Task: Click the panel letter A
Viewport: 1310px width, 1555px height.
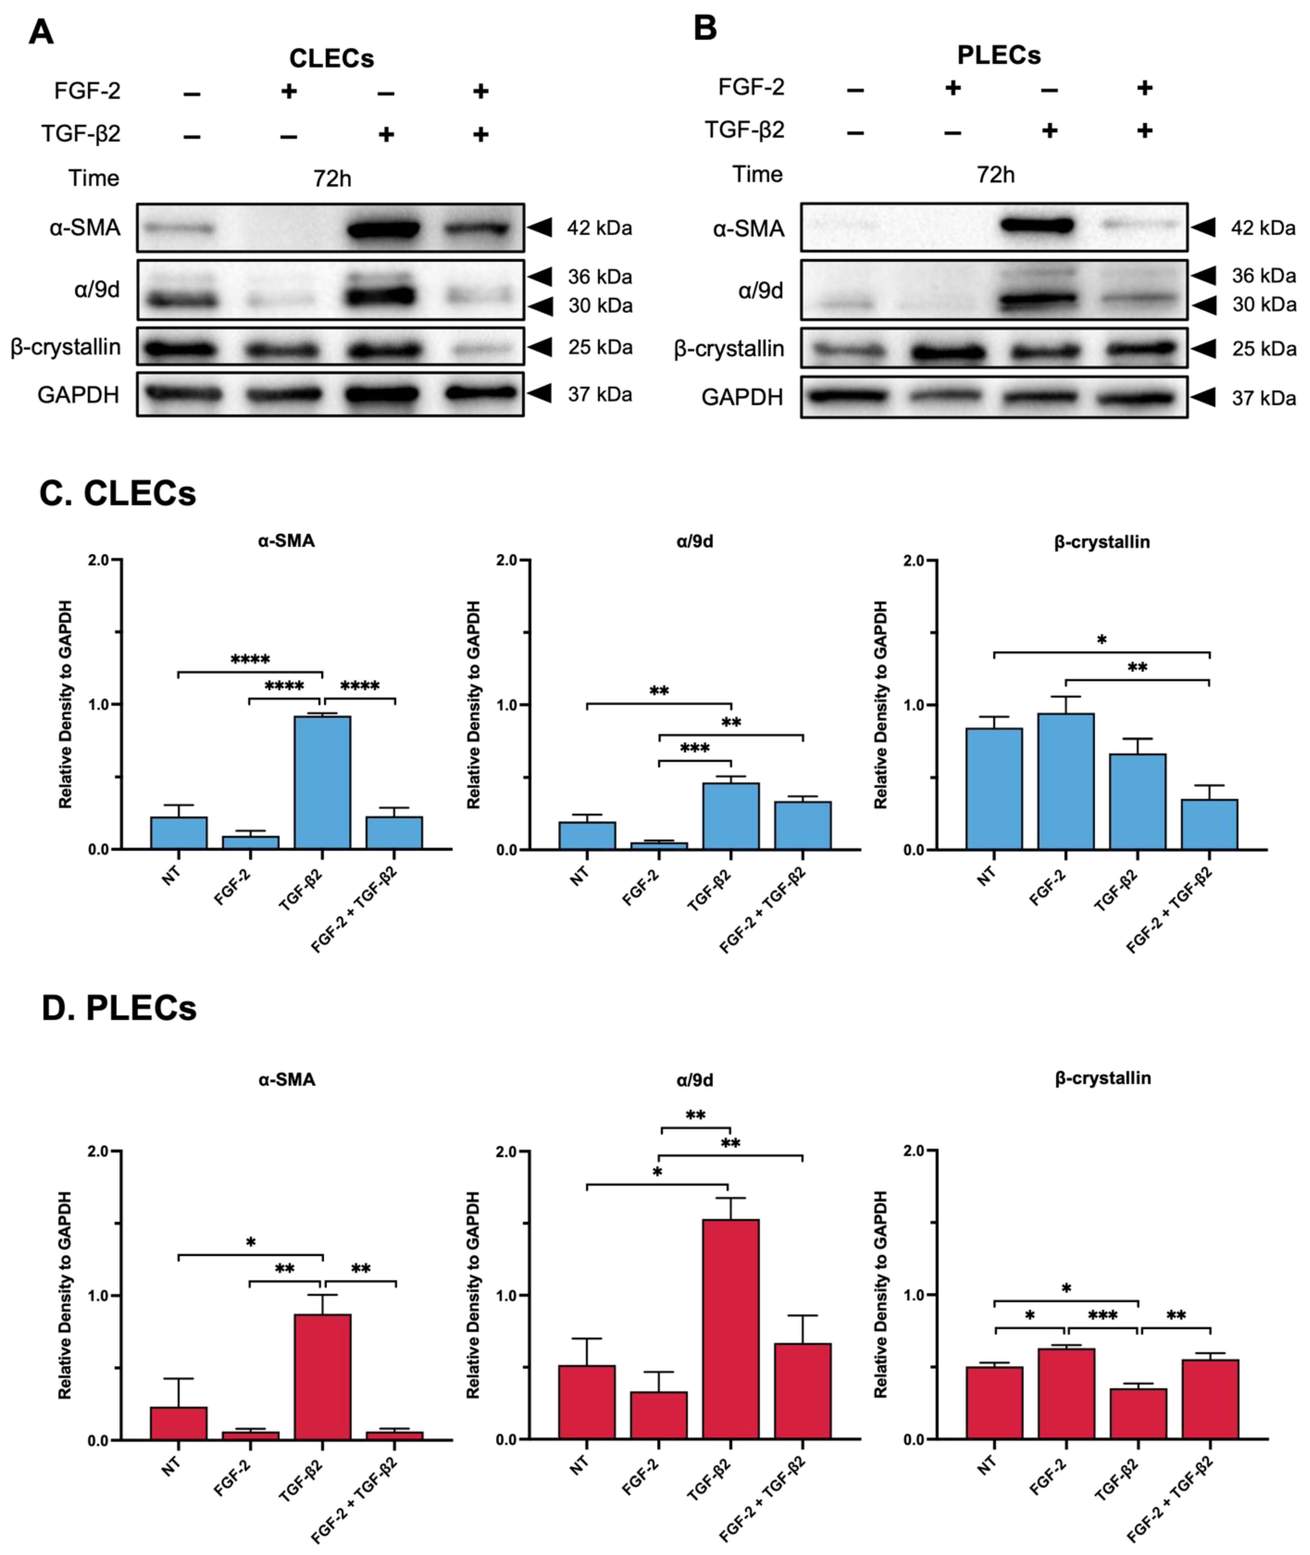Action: coord(41,33)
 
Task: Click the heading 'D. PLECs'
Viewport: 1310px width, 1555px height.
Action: coord(119,1008)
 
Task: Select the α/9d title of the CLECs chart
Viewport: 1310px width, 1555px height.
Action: coord(694,541)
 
